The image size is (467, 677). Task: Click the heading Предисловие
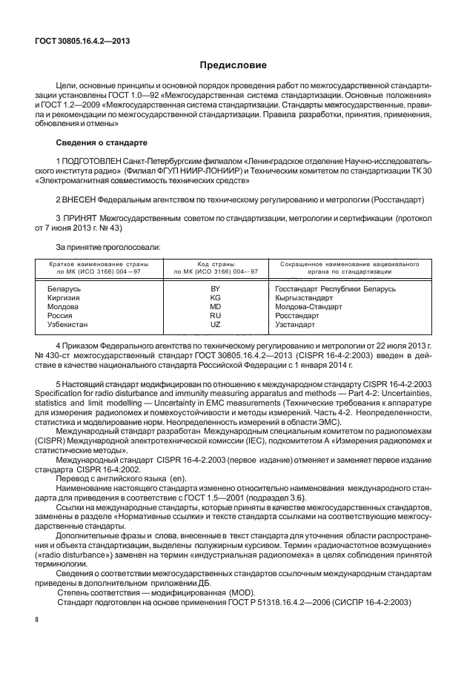pyautogui.click(x=233, y=66)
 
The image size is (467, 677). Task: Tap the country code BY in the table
pyautogui.click(x=216, y=287)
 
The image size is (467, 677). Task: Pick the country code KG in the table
pyautogui.click(x=216, y=297)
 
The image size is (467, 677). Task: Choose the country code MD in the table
pyautogui.click(x=216, y=306)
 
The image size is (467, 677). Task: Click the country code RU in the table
pyautogui.click(x=216, y=315)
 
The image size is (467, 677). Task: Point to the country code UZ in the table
pyautogui.click(x=216, y=324)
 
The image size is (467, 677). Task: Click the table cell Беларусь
pyautogui.click(x=64, y=287)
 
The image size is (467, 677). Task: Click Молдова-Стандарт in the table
pyautogui.click(x=308, y=306)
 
